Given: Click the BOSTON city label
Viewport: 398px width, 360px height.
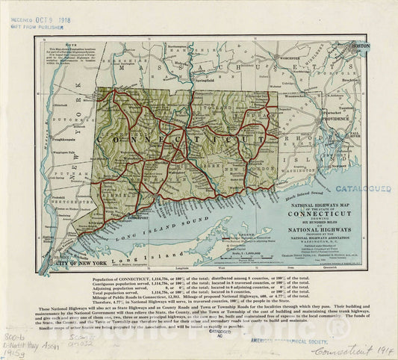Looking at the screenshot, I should [360, 46].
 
